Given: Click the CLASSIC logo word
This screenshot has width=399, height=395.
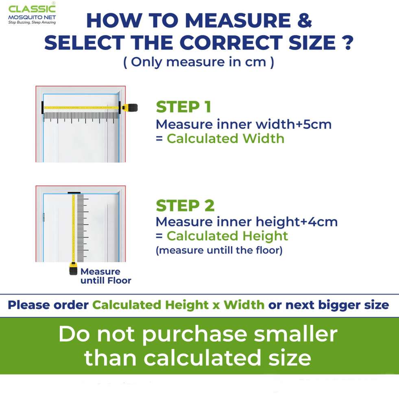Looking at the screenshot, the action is tap(32, 9).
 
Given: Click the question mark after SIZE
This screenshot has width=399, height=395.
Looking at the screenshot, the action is tap(347, 42).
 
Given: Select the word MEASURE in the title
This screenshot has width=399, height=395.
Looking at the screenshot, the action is tap(238, 20).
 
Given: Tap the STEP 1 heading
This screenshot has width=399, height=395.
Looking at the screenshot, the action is tap(183, 107).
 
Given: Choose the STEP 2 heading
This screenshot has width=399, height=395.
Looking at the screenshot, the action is tap(185, 205).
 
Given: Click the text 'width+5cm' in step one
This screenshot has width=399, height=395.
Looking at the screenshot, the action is tap(293, 124).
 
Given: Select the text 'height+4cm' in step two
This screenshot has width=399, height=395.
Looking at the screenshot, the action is tap(297, 221).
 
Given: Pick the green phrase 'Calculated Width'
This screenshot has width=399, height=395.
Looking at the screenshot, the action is tap(225, 139).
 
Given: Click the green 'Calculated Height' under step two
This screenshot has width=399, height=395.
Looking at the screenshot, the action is tap(227, 236).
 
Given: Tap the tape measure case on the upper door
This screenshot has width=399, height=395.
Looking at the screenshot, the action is tap(129, 108).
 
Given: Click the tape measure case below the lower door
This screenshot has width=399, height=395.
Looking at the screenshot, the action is tap(73, 269).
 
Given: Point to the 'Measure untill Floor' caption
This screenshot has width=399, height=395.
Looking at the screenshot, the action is tap(106, 276).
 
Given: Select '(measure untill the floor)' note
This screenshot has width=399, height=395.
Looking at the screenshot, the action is tap(219, 250).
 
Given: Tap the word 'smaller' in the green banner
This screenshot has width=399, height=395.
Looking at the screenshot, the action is tap(295, 334).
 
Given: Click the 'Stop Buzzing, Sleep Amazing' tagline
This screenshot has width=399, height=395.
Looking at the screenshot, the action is tap(32, 22).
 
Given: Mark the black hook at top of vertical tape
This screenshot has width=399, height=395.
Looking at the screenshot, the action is tap(74, 193).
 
